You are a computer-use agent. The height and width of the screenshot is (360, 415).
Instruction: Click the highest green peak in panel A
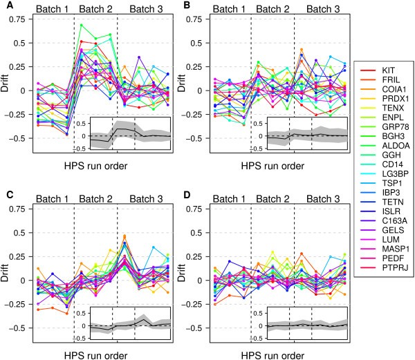(82, 26)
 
